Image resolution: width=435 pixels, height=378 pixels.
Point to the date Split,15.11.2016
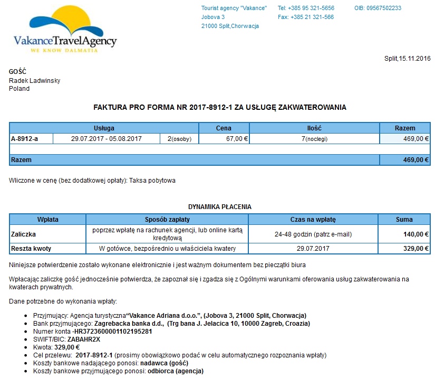tap(408, 59)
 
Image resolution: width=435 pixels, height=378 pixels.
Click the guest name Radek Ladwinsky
tap(34, 81)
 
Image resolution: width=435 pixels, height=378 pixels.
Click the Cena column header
tap(224, 128)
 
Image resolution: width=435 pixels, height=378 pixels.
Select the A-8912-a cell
tap(25, 139)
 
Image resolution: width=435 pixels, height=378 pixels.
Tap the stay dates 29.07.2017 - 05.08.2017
tap(106, 139)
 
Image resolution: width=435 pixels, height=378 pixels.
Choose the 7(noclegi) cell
tap(314, 139)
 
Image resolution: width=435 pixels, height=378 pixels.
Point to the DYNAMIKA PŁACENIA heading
tap(220, 207)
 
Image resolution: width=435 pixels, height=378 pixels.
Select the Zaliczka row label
tap(24, 234)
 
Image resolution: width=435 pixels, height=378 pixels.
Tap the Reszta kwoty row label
tap(31, 248)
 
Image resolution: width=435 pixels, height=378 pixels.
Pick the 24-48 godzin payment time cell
tap(313, 234)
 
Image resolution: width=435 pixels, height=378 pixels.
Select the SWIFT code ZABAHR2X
tap(84, 339)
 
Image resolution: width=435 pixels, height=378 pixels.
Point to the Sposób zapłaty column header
tap(167, 220)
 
